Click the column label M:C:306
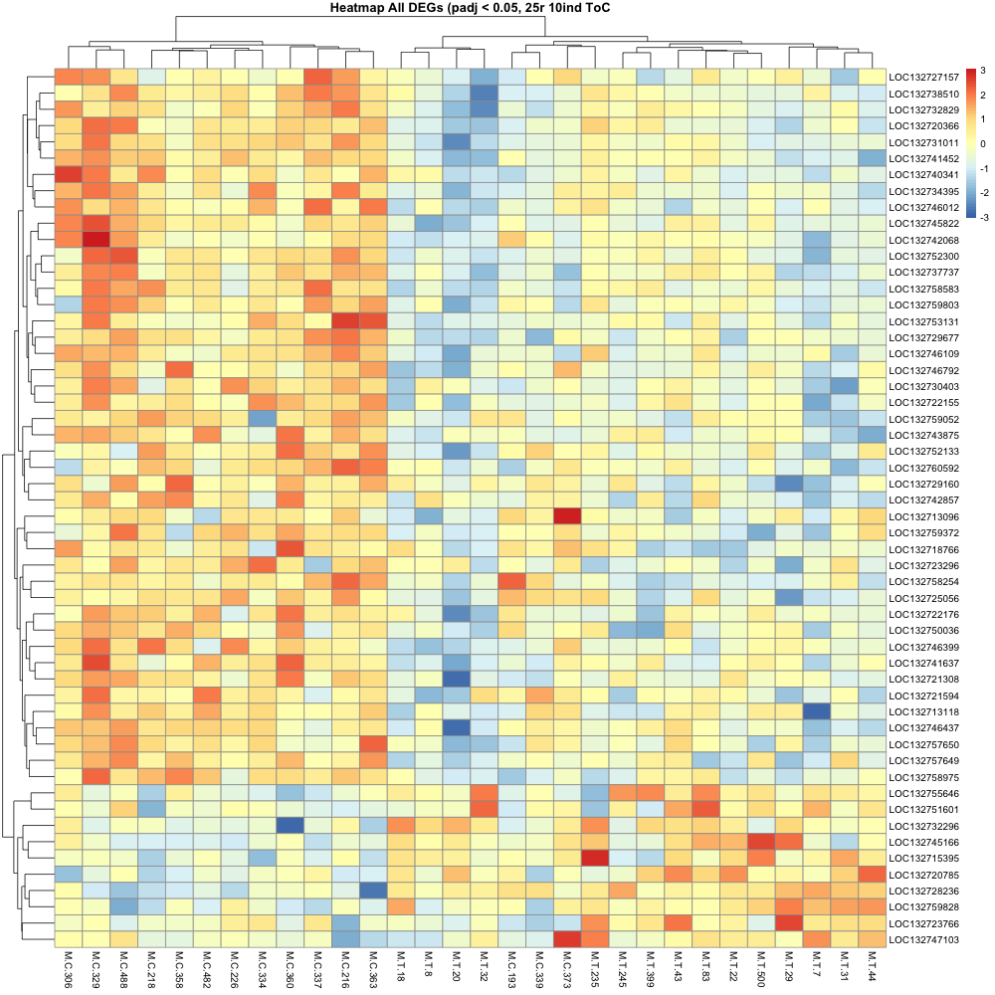click(68, 970)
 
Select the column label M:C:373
click(566, 970)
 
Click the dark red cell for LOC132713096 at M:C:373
click(566, 516)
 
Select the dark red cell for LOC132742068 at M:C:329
click(97, 240)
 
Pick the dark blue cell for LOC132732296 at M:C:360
click(290, 826)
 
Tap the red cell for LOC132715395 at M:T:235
click(594, 858)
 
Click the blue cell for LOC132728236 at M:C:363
click(373, 891)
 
